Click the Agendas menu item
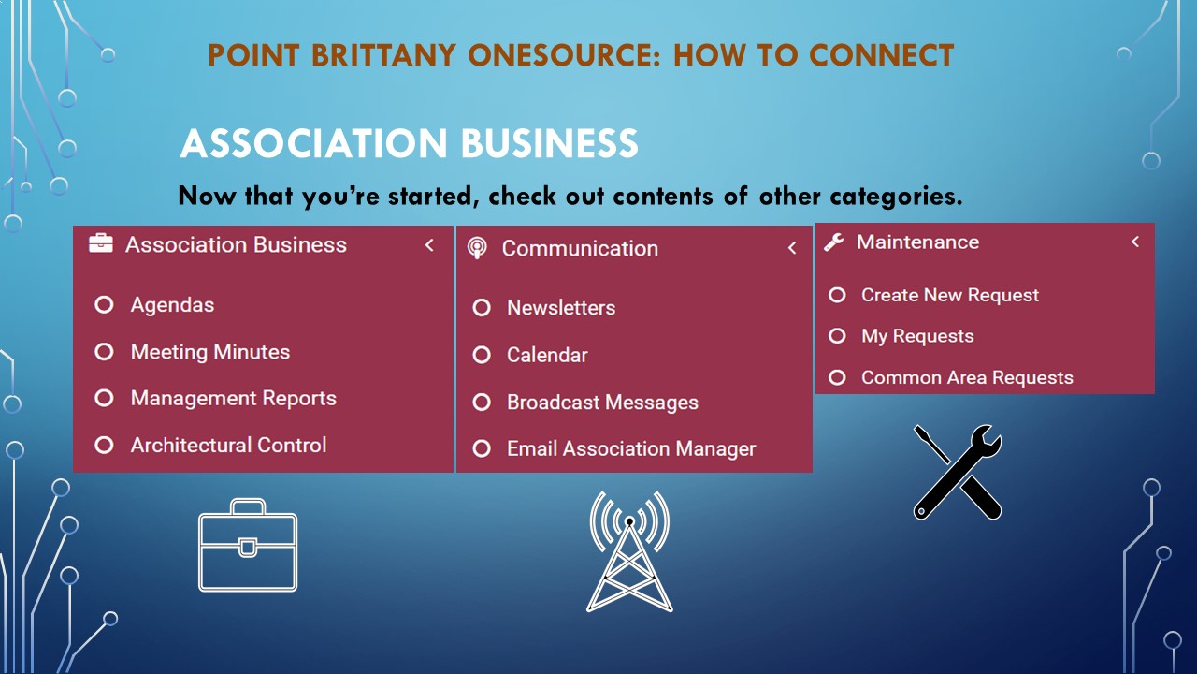click(x=172, y=305)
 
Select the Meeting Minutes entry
click(x=210, y=352)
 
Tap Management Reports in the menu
click(x=234, y=399)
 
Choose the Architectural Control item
click(x=228, y=445)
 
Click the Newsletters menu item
click(x=561, y=308)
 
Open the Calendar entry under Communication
click(x=547, y=355)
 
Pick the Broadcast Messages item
click(x=602, y=403)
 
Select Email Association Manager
click(x=631, y=448)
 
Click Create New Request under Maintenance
click(x=950, y=295)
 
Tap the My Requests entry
click(x=917, y=336)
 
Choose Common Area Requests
click(x=967, y=377)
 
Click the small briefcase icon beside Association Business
click(x=101, y=243)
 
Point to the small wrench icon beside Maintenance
click(x=833, y=242)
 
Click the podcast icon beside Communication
click(x=477, y=248)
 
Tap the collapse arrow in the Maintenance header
click(x=1135, y=242)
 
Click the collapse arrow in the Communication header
click(x=792, y=248)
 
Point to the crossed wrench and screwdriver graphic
click(x=957, y=473)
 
